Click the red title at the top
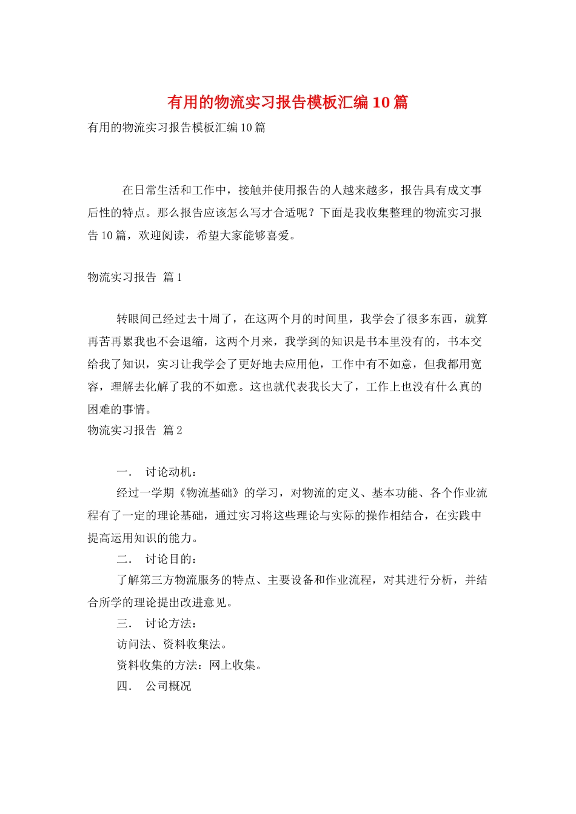pos(287,102)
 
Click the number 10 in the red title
pos(381,102)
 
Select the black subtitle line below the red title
pos(176,128)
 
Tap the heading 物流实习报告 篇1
pos(135,277)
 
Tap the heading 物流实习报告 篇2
pos(135,431)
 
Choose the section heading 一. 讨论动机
pos(156,472)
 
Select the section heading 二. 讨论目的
pos(156,559)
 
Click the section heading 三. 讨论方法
pos(156,623)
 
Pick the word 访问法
pos(134,644)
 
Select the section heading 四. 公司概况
pos(154,686)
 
